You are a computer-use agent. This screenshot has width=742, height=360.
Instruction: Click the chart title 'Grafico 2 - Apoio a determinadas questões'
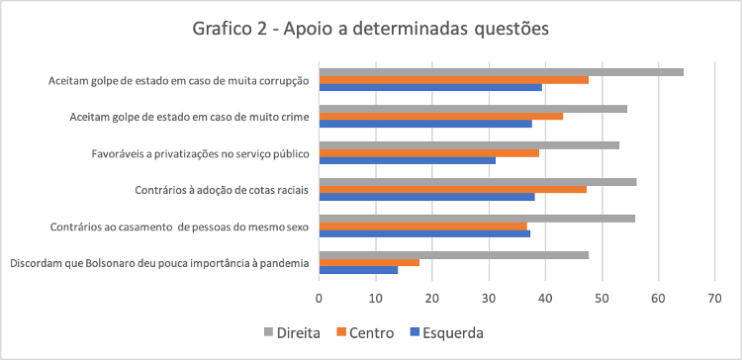click(x=370, y=28)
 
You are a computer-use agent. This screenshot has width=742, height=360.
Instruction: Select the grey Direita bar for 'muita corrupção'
click(x=501, y=71)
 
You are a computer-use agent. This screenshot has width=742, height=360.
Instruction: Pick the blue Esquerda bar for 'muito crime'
click(x=425, y=124)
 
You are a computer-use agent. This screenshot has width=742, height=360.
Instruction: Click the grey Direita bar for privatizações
click(x=469, y=144)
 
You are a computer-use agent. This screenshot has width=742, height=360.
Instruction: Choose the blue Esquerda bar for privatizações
click(x=407, y=160)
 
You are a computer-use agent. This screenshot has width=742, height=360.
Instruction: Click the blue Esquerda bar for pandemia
click(x=358, y=270)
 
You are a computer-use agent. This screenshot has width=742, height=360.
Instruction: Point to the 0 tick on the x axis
click(x=319, y=296)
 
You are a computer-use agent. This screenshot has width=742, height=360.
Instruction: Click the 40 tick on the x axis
click(x=545, y=296)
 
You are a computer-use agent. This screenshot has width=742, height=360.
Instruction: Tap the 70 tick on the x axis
click(x=714, y=296)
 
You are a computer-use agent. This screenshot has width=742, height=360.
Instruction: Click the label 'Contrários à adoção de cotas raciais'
click(x=221, y=189)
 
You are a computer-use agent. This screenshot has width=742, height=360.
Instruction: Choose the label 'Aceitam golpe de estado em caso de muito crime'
click(x=189, y=117)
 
